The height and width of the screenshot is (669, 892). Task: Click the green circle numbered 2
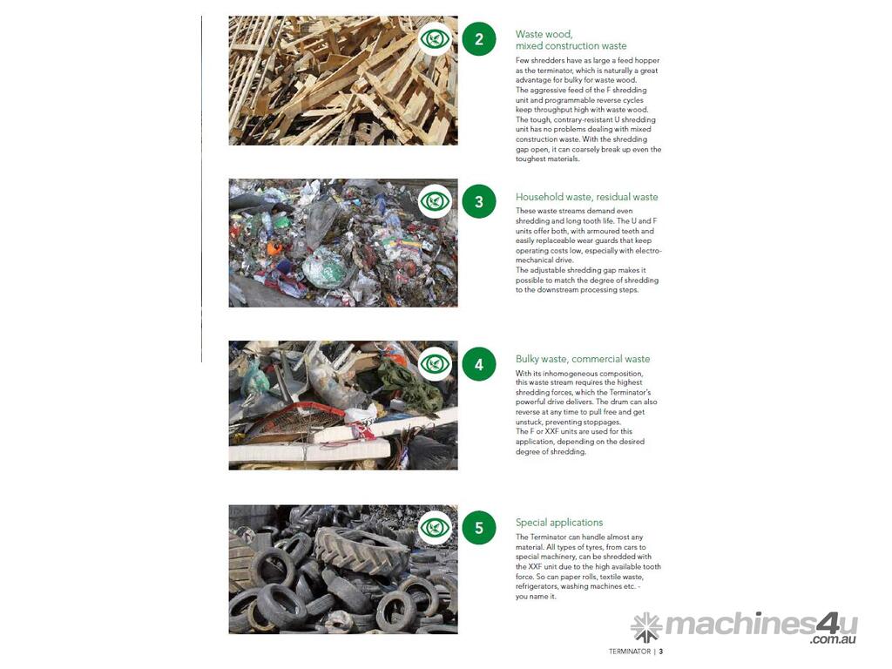[x=479, y=39]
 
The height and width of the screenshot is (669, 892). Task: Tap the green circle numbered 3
[x=479, y=201]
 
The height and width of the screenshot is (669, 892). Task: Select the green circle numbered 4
[x=479, y=364]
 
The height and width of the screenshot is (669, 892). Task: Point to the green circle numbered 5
[x=479, y=527]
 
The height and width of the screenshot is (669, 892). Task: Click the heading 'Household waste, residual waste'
[x=586, y=197]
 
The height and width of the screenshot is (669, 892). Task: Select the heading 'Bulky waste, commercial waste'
[x=583, y=359]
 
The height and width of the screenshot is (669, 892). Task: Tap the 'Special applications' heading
[x=559, y=523]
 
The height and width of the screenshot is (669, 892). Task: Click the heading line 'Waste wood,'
[x=544, y=34]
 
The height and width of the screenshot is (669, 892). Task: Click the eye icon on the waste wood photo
[x=436, y=38]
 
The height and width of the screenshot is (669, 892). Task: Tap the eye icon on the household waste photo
[x=436, y=201]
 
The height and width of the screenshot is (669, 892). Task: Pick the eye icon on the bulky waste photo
[x=436, y=363]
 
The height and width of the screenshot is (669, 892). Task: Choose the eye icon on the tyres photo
[x=436, y=527]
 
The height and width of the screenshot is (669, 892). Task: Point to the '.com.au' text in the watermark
[x=834, y=639]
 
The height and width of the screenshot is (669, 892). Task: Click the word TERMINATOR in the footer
[x=629, y=652]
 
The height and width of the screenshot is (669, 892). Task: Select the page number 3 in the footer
[x=661, y=652]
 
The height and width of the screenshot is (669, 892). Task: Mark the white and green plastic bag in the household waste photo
[x=325, y=268]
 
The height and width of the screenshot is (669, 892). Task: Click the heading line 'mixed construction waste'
[x=571, y=45]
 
